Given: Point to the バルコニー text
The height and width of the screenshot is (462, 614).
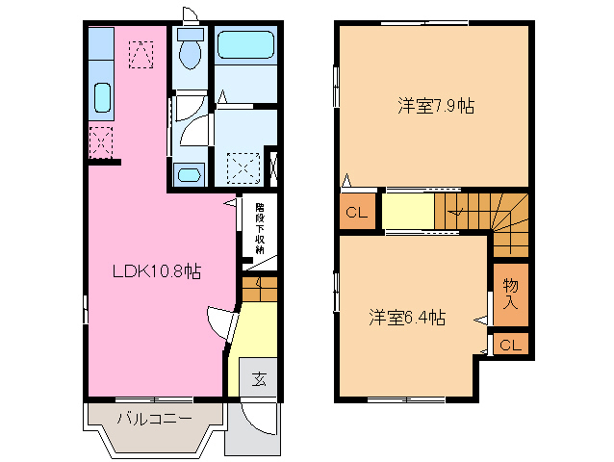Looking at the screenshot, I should click(154, 419).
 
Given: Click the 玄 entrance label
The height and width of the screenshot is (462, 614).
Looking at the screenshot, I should click(259, 379).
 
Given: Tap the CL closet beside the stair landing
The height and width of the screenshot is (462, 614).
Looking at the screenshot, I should click(355, 214).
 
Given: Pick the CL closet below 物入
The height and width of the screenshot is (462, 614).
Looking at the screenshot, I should click(510, 345).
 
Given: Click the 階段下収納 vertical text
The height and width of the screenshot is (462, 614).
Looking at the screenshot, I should click(259, 227).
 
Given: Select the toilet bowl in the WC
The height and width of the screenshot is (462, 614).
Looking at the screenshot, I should click(190, 54).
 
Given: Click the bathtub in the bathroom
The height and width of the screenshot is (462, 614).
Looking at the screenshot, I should click(245, 45).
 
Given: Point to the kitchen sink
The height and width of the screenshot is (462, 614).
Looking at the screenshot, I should click(103, 97).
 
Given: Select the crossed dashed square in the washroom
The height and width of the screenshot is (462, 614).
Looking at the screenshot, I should click(243, 167).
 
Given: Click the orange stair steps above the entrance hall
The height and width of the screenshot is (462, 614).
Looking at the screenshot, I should click(259, 288).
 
